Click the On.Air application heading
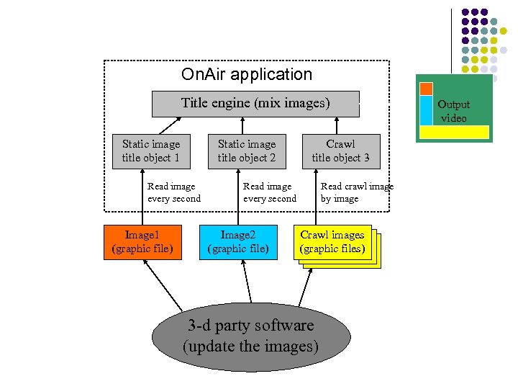[x=247, y=74]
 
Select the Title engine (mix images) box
[x=255, y=103]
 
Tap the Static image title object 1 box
[x=151, y=151]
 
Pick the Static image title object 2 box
[x=247, y=151]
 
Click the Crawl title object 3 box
[x=340, y=151]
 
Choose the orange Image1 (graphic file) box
[x=142, y=241]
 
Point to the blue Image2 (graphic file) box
[x=238, y=241]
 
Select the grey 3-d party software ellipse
[x=250, y=335]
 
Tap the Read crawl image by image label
[x=357, y=192]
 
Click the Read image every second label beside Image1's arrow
[x=173, y=192]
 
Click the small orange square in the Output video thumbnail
[x=426, y=89]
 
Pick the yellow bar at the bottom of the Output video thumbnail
[x=454, y=133]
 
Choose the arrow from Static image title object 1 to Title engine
[x=168, y=125]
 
